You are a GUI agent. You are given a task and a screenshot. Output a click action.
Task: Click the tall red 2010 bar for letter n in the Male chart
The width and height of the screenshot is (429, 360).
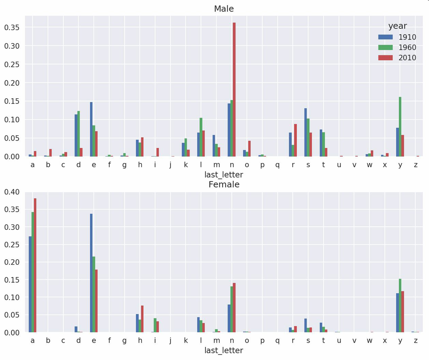[x=234, y=90]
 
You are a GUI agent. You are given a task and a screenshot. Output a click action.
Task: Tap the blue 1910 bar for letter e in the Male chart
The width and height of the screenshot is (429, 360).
[x=91, y=129]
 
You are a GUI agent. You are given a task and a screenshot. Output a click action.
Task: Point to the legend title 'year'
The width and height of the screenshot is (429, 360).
[x=398, y=26]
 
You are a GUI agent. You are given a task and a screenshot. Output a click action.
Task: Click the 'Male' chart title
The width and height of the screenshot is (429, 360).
[x=224, y=9]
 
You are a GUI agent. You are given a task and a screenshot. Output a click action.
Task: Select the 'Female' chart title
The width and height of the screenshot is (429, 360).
[x=224, y=184]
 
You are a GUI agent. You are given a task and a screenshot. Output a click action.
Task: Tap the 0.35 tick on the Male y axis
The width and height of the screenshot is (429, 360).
[x=12, y=27]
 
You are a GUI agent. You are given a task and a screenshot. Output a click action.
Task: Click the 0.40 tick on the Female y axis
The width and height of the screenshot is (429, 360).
[x=12, y=192]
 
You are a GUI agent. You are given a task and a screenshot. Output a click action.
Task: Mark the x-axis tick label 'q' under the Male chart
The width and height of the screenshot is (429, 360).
[x=277, y=165]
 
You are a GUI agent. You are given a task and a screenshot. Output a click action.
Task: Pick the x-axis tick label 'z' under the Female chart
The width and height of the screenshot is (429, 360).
[x=416, y=341]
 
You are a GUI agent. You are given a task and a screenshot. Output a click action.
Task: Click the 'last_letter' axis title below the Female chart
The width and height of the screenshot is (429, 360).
[x=224, y=350]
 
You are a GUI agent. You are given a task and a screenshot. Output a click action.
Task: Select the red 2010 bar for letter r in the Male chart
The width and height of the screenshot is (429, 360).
[x=295, y=140]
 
